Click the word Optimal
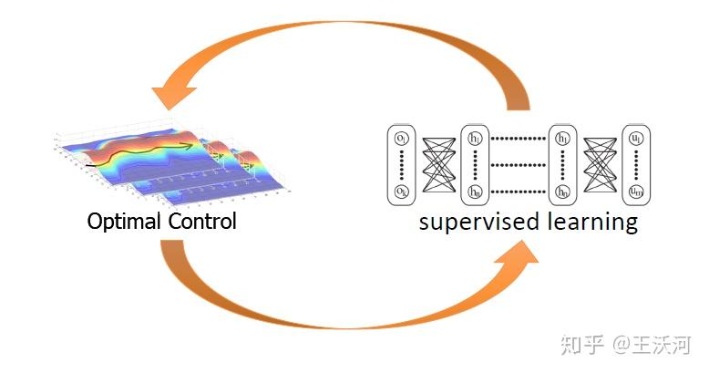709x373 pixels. point(124,221)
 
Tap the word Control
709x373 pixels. point(201,221)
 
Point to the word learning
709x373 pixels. point(587,222)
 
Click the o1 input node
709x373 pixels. point(401,139)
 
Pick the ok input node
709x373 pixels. point(401,191)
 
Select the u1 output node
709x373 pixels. point(636,139)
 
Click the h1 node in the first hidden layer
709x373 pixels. point(475,139)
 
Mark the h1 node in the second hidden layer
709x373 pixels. point(562,139)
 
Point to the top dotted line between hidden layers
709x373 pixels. point(519,139)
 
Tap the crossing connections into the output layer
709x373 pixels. point(600,165)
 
